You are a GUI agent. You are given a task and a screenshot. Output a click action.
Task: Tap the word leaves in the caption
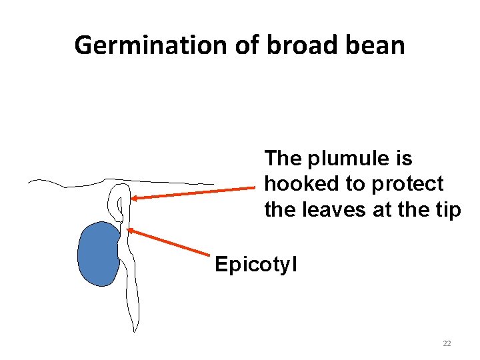tap(331, 209)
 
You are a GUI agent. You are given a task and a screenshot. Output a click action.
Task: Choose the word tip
tap(447, 209)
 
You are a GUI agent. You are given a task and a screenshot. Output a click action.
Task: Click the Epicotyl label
tap(256, 265)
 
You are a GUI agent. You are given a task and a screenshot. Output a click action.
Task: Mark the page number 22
tap(447, 343)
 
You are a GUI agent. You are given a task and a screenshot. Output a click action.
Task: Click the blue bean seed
tap(98, 254)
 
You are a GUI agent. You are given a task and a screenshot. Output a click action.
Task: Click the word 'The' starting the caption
tap(283, 159)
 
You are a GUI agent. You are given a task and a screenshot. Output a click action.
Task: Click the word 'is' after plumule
tap(405, 159)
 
